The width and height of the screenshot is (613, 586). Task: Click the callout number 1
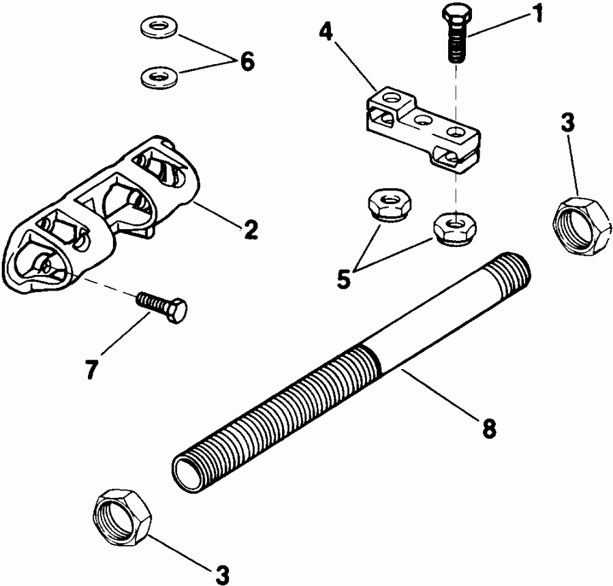(537, 14)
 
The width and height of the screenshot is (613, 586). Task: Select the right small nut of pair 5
(457, 229)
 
